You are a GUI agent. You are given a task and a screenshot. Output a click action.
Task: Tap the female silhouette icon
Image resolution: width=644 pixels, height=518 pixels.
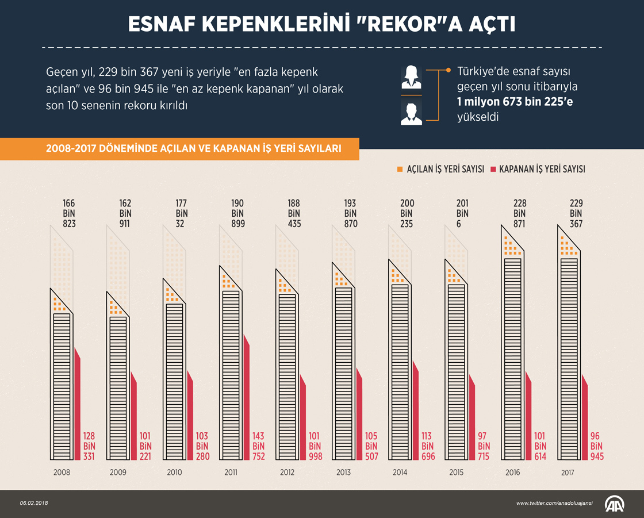pyautogui.click(x=411, y=77)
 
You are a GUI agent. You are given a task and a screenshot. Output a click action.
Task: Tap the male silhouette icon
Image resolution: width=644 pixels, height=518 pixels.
pyautogui.click(x=411, y=113)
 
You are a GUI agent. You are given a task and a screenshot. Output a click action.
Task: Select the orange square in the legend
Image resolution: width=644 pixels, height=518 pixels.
pyautogui.click(x=400, y=169)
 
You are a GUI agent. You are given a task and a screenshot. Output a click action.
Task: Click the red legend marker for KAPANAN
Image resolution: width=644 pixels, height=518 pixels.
pyautogui.click(x=493, y=169)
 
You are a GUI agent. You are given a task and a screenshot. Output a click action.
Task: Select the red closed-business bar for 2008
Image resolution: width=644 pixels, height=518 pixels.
pyautogui.click(x=78, y=408)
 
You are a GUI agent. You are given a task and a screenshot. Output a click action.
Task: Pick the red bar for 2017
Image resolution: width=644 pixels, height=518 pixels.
pyautogui.click(x=585, y=420)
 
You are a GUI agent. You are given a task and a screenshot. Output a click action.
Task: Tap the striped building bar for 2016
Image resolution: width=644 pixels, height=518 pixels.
pyautogui.click(x=512, y=356)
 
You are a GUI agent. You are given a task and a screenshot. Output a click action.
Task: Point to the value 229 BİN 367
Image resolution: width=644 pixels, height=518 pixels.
pyautogui.click(x=576, y=213)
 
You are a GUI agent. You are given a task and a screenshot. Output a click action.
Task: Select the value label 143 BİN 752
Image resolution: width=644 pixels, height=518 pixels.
pyautogui.click(x=258, y=446)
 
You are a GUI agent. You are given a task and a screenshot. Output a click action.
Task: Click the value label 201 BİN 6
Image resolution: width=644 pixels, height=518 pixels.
pyautogui.click(x=462, y=213)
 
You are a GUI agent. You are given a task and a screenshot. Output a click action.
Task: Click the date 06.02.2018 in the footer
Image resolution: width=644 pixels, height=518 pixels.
pyautogui.click(x=34, y=503)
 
